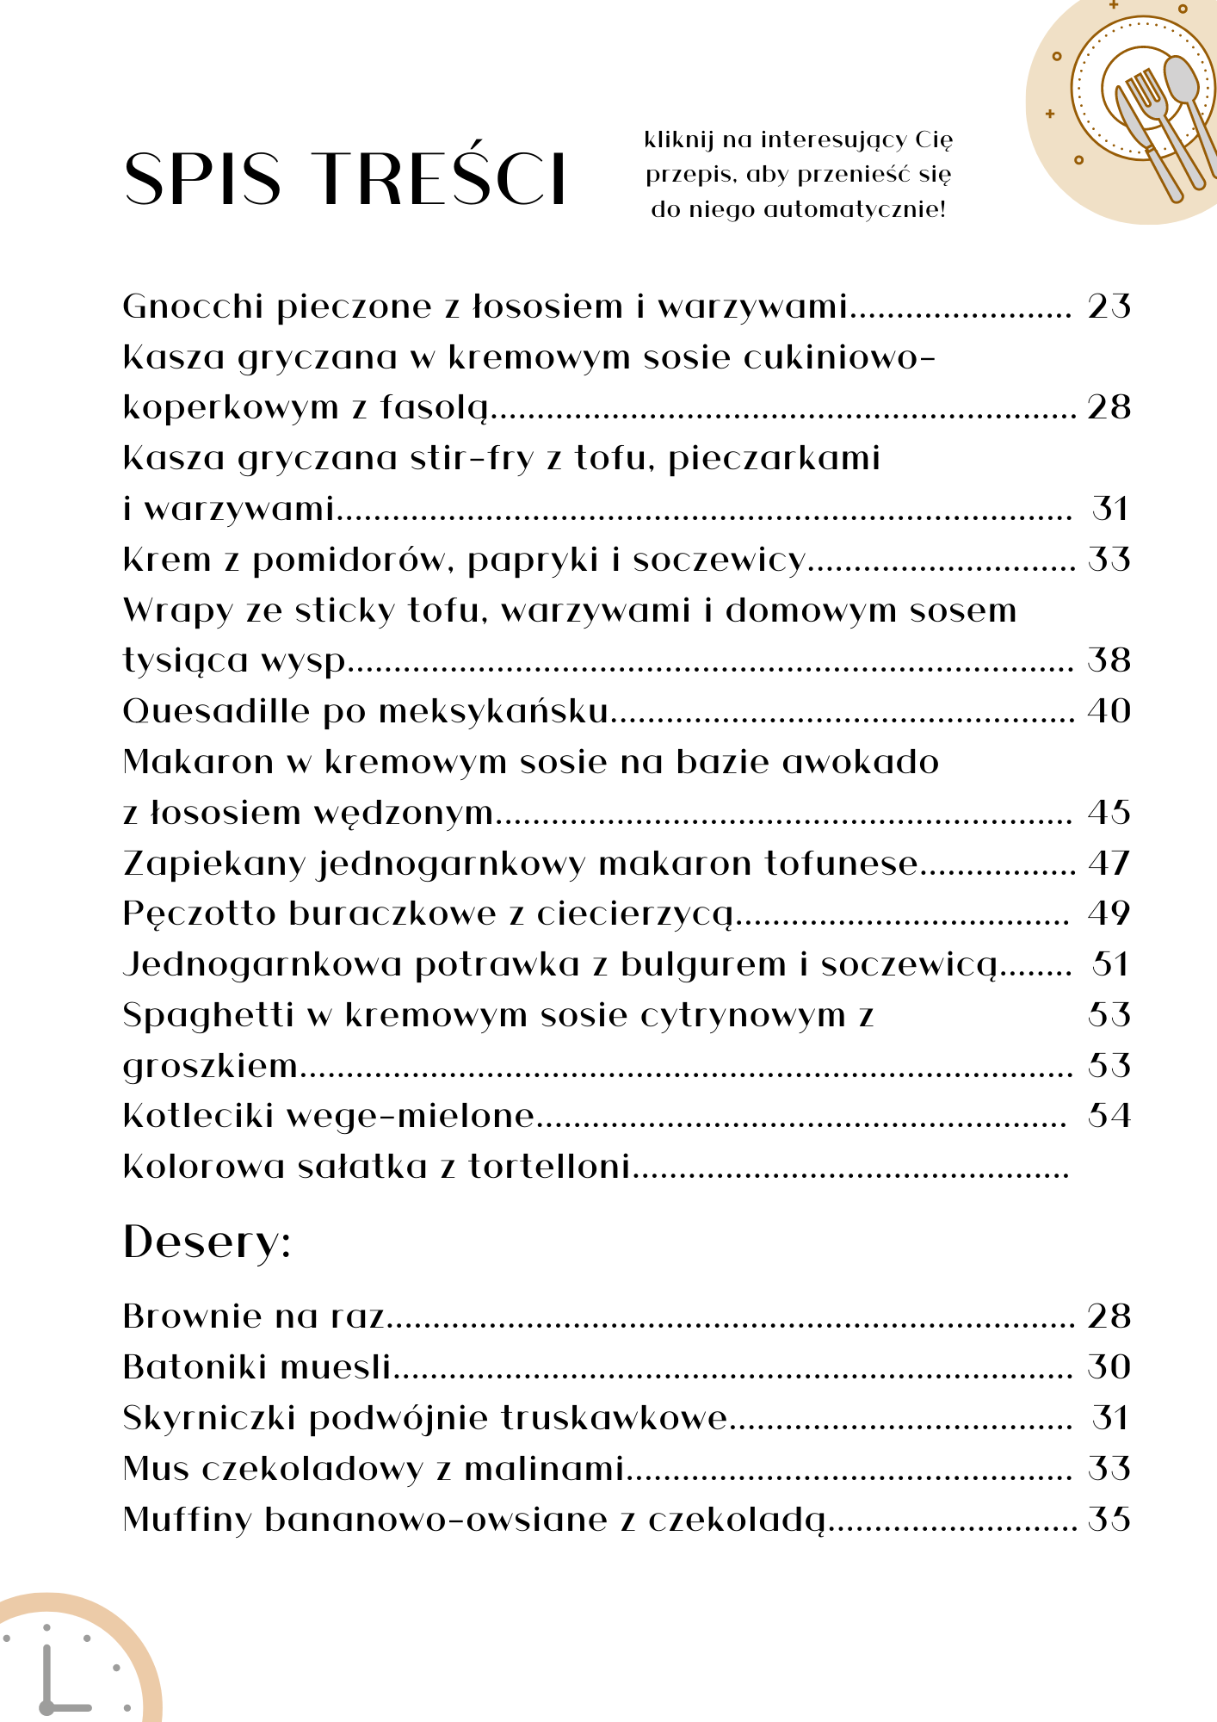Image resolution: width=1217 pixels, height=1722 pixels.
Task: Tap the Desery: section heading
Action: (207, 1242)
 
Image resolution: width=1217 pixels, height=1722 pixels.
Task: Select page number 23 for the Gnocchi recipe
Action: (1109, 307)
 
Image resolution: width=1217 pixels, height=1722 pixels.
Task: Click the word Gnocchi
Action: (192, 307)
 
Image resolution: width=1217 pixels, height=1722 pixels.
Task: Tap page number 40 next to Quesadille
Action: (1109, 711)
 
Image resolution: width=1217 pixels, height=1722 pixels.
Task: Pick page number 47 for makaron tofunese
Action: (1109, 863)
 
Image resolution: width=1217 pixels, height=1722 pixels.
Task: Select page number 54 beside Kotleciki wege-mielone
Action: (1109, 1116)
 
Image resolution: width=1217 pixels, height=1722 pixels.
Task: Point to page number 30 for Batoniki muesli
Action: (1109, 1367)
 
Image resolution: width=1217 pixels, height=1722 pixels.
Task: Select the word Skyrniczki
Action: (209, 1418)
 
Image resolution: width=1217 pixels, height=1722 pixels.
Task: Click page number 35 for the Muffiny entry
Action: (1109, 1520)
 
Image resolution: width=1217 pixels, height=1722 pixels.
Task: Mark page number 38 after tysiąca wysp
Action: (1109, 660)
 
